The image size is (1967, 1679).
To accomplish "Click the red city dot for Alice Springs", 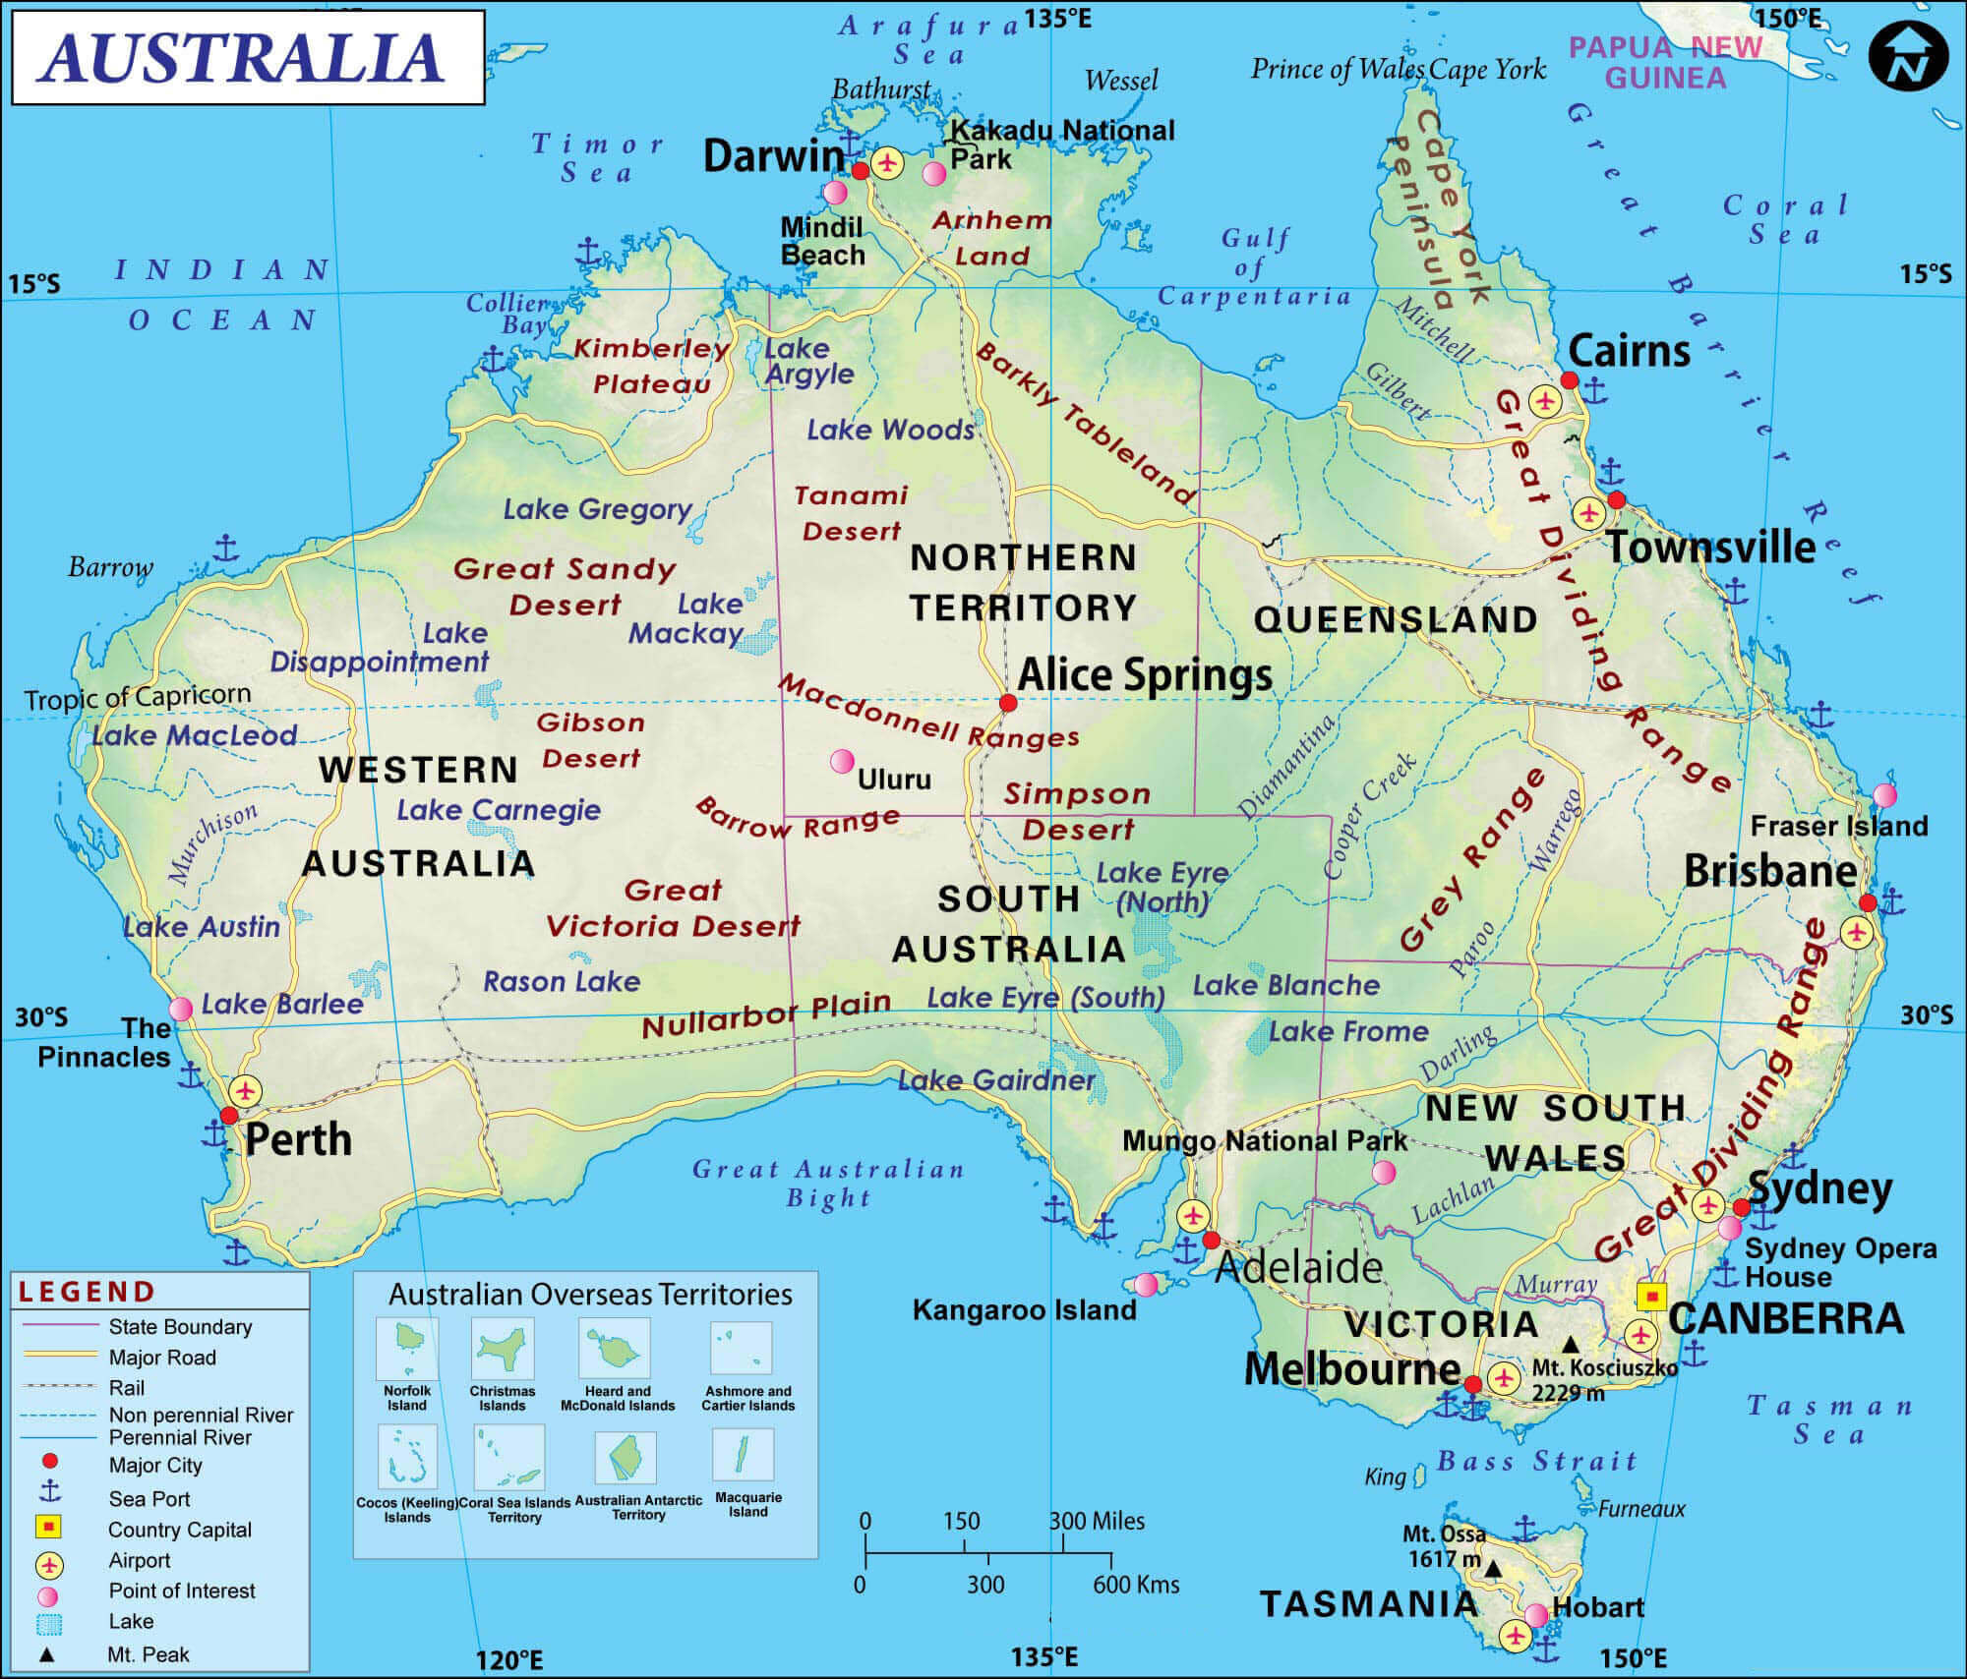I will tap(1008, 703).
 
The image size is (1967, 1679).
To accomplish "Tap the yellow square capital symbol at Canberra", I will tap(1651, 1297).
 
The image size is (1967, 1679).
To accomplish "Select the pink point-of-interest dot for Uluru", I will tap(842, 761).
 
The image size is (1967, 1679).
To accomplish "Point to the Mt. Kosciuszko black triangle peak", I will tap(1571, 1343).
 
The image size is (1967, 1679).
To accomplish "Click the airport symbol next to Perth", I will tap(245, 1091).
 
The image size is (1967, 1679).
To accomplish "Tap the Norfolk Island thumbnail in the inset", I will tap(406, 1349).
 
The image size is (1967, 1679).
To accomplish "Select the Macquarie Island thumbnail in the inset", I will tap(745, 1454).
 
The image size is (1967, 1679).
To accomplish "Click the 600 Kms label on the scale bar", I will tap(1135, 1585).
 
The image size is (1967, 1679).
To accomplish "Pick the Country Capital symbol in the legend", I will tap(49, 1528).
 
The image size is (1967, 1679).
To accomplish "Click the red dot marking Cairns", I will tap(1570, 380).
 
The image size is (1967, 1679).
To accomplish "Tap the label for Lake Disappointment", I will tap(381, 648).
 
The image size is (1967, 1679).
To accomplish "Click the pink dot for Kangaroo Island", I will tap(1146, 1284).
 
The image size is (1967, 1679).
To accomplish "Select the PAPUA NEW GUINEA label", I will tap(1665, 62).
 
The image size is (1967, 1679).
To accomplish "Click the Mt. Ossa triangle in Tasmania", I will tap(1493, 1569).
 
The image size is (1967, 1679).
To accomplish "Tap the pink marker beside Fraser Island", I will tap(1884, 794).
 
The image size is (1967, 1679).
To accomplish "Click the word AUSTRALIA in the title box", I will tap(242, 57).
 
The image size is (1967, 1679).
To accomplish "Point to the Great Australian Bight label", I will tap(829, 1183).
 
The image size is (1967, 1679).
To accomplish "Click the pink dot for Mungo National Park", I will tap(1384, 1172).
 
